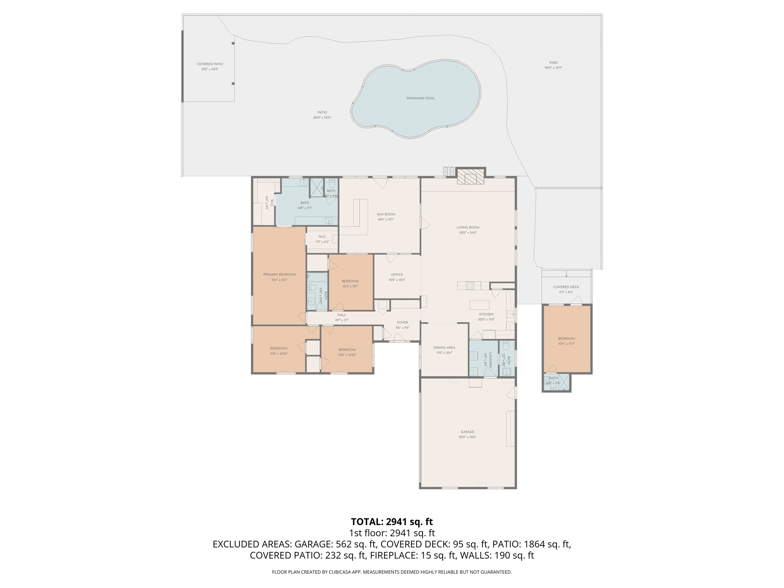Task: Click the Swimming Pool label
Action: pos(420,98)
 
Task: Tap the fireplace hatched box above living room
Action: pos(470,176)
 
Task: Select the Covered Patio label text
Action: pos(210,64)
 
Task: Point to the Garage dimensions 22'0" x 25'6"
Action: pos(467,437)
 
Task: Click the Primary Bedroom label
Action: pos(279,274)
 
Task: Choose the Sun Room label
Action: pos(386,214)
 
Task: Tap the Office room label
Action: pos(397,274)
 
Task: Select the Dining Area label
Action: pos(444,347)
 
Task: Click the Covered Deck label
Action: pos(566,287)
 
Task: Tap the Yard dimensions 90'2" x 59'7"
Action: pos(553,68)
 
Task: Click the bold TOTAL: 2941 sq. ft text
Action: pos(392,522)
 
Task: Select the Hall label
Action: pos(341,315)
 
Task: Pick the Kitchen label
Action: pos(486,314)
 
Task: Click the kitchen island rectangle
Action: pos(479,305)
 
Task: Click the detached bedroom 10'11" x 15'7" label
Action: pos(566,338)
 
